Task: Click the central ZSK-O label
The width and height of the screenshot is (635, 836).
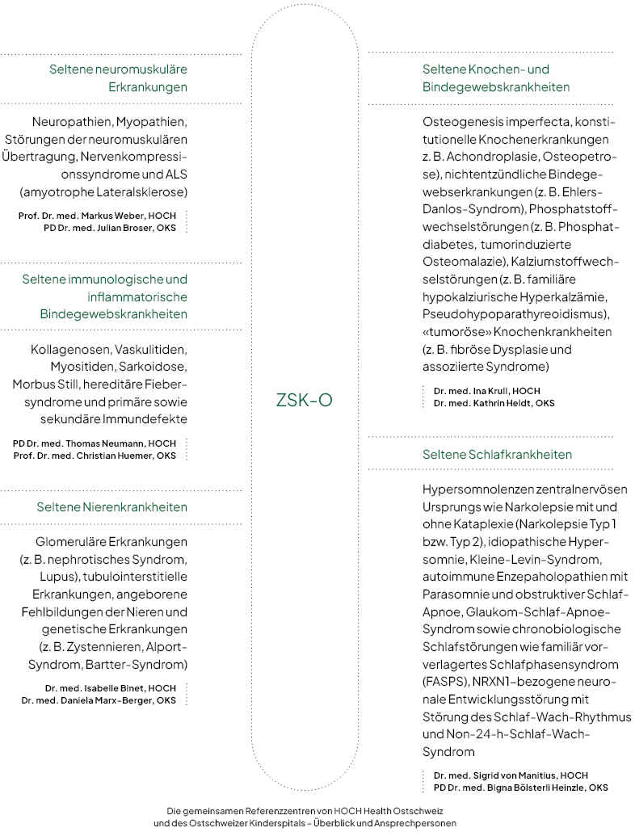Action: [304, 400]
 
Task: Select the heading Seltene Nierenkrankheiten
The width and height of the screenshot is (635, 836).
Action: [111, 507]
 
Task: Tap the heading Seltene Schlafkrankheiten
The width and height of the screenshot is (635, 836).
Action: [497, 455]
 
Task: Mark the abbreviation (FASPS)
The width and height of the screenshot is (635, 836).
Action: [444, 681]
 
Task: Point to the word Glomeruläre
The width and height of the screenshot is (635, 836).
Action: [69, 541]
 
